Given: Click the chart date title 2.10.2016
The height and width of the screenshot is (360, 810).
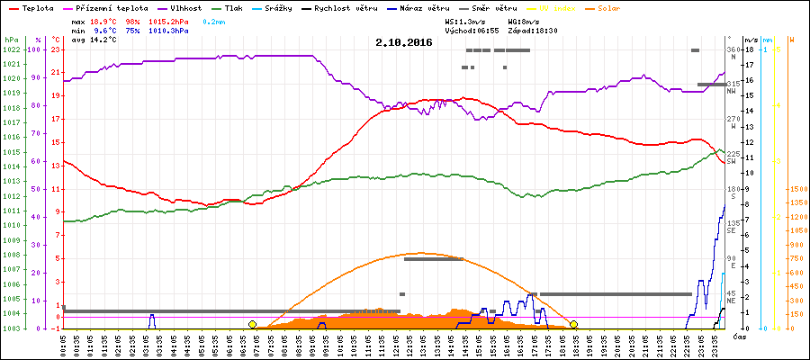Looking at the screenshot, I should (x=404, y=42).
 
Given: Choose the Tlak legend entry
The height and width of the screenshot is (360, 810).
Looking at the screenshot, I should (x=233, y=7).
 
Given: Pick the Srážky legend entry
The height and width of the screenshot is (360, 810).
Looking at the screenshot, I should (x=283, y=7).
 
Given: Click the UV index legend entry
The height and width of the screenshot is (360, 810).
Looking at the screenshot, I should (x=558, y=7).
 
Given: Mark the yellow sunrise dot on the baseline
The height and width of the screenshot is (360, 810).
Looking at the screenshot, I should (x=252, y=324).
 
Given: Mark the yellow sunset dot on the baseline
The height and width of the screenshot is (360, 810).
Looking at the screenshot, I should (x=573, y=324).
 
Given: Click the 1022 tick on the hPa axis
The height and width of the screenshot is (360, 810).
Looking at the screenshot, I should (x=11, y=49).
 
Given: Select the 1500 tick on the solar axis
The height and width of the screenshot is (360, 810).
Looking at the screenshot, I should (x=797, y=190).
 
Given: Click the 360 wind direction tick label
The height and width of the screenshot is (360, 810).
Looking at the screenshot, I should (x=733, y=49).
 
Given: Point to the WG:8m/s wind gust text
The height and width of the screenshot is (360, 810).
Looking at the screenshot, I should (x=526, y=20).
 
